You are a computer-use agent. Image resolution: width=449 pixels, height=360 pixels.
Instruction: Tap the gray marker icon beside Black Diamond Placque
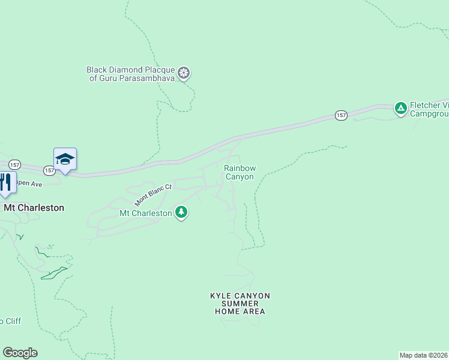[x=185, y=74]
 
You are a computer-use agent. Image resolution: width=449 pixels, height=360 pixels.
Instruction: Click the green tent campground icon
[x=400, y=109]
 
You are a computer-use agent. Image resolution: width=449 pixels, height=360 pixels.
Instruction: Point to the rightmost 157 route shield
[x=341, y=115]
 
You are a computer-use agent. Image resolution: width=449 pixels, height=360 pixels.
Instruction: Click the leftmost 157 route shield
[x=14, y=164]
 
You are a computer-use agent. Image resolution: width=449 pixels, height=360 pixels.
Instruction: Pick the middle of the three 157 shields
[x=50, y=171]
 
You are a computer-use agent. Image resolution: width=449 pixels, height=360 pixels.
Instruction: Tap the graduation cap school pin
[x=65, y=159]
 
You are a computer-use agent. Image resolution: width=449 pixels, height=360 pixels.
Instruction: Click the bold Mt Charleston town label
[x=34, y=208]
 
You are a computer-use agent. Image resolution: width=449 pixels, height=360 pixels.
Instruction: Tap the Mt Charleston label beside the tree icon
[x=146, y=213]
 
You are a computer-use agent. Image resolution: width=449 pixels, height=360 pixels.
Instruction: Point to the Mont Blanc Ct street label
[x=152, y=194]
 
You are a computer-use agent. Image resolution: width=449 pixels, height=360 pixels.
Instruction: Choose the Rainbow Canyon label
[x=240, y=172]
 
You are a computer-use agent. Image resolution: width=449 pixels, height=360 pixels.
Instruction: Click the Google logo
[x=20, y=353]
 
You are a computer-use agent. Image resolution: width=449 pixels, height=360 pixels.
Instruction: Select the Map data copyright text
[x=424, y=355]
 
